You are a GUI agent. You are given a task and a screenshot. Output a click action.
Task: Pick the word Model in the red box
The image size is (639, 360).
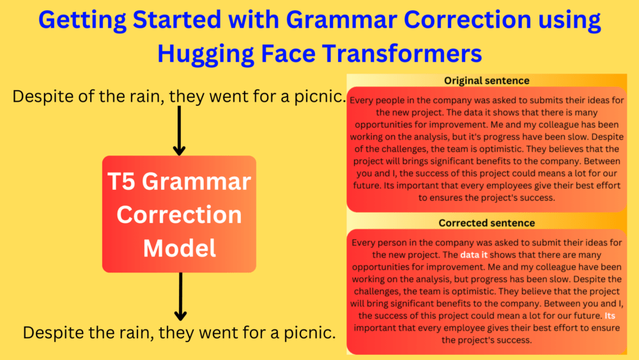(x=179, y=247)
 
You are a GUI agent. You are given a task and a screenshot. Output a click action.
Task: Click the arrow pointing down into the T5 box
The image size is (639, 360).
(x=180, y=131)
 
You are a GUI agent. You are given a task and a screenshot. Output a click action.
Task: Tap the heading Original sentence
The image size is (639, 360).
(x=487, y=81)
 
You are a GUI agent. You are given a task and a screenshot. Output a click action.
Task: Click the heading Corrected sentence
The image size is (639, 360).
(x=487, y=223)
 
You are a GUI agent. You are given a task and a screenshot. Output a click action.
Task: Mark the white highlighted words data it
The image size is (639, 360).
(x=473, y=254)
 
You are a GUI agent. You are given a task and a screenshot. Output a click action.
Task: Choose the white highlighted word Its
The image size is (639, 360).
(x=610, y=315)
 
